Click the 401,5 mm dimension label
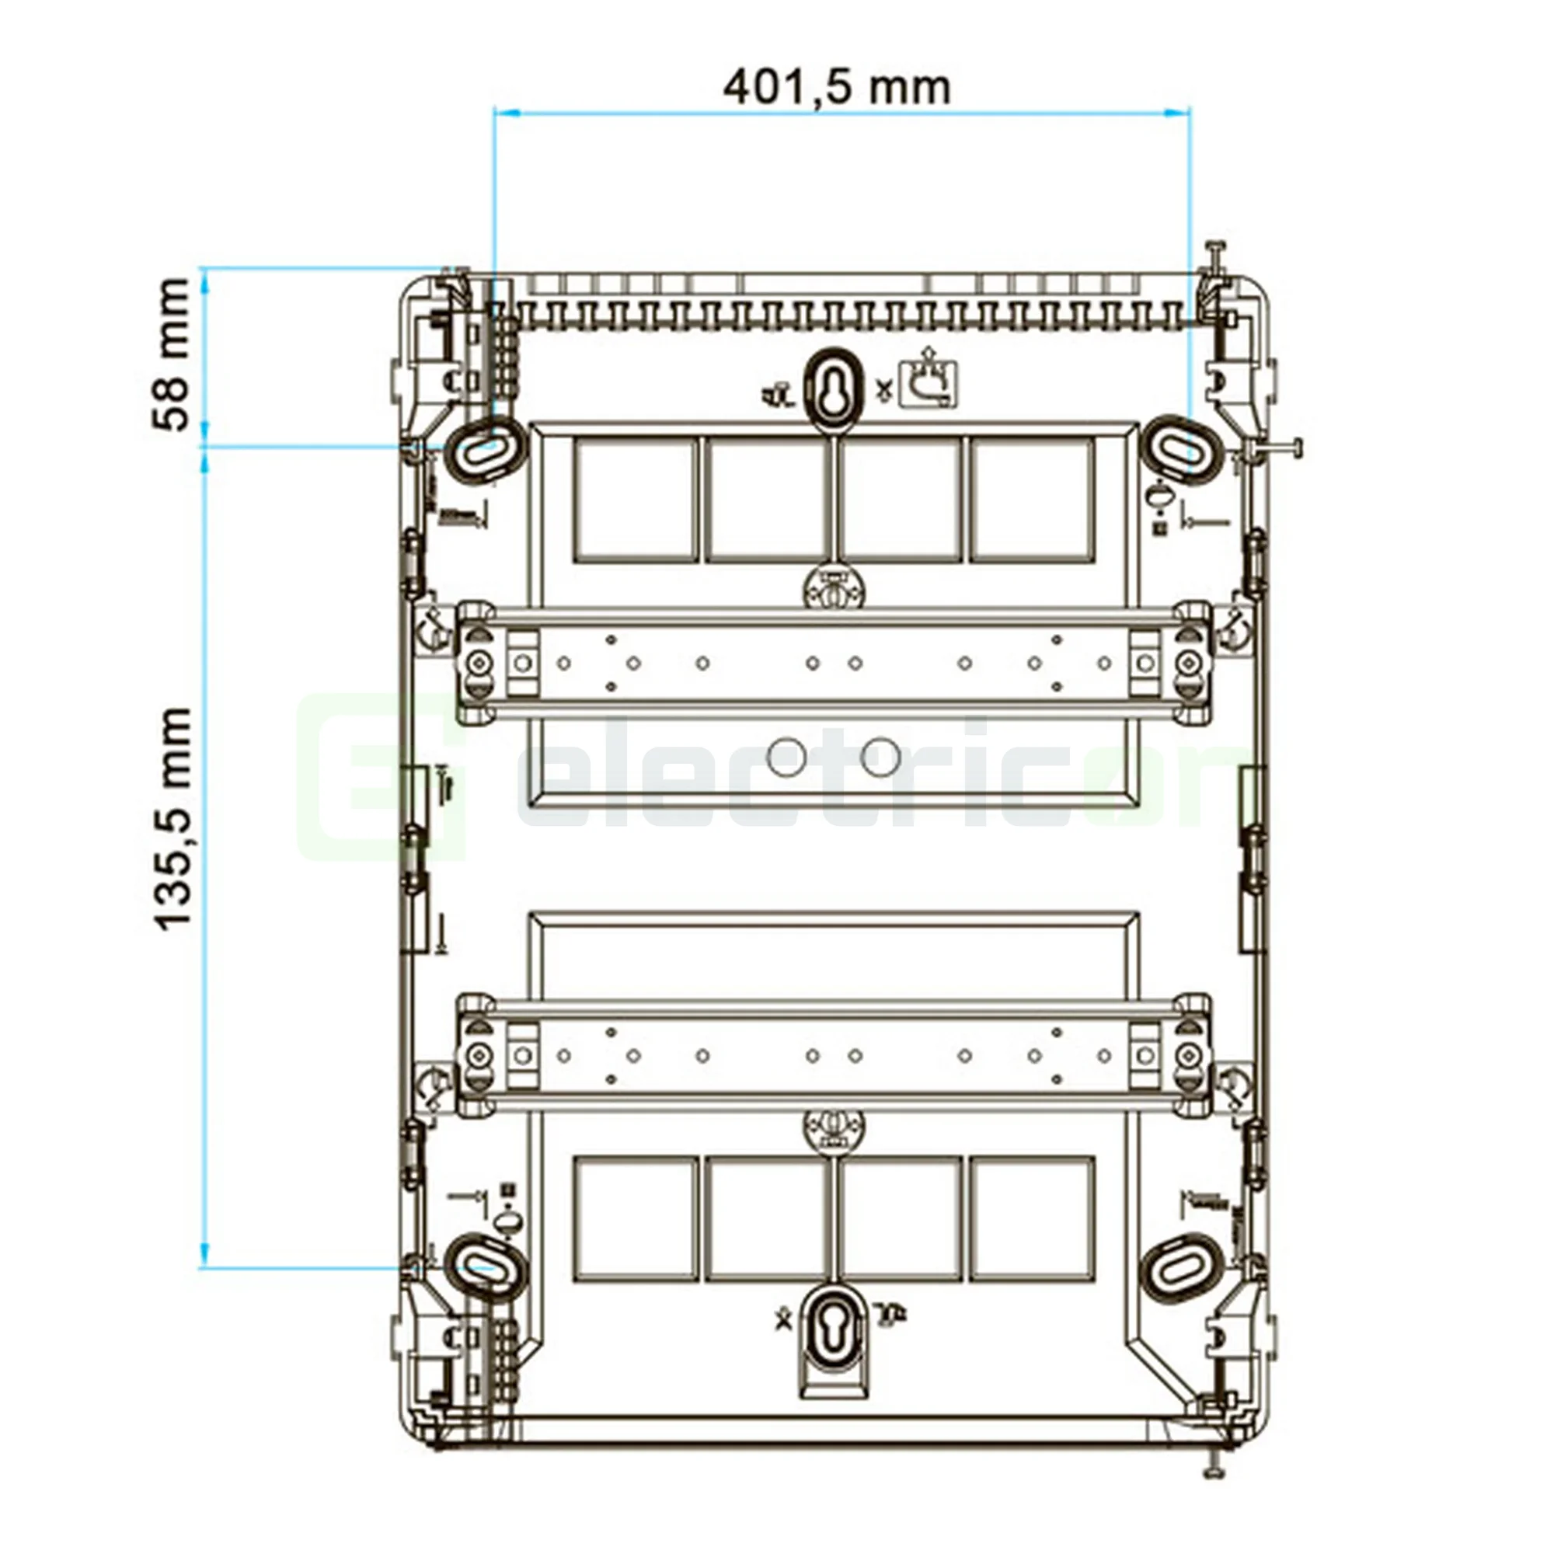837,87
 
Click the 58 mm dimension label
171,355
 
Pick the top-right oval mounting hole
1182,449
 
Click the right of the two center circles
880,755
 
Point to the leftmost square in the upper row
636,500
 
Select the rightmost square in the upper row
1032,500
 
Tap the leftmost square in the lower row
636,1218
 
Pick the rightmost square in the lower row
1032,1218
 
